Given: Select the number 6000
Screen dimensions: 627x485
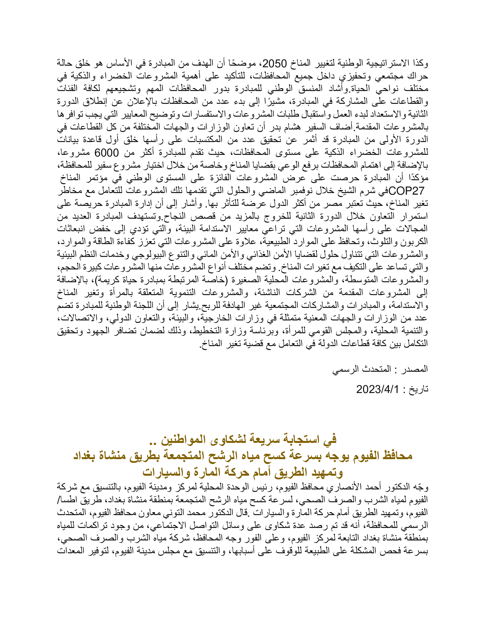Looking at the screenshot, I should coord(107,153).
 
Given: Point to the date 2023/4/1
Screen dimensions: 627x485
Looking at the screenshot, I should coord(378,390).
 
